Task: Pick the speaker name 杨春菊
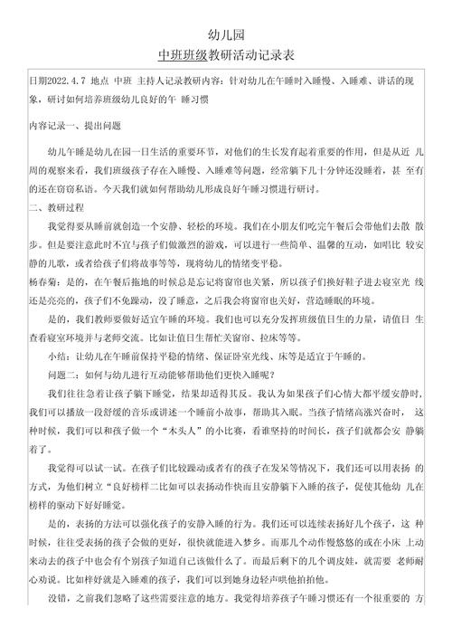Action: [x=43, y=282]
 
